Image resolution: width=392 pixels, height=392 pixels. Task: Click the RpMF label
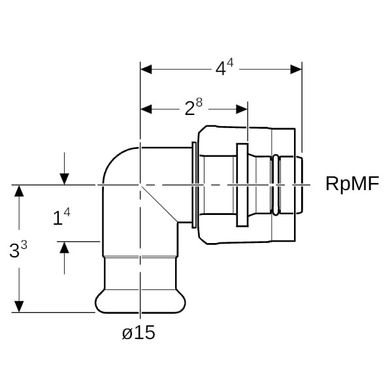pos(352,184)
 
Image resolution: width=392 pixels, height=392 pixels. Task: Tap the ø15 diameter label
pos(139,333)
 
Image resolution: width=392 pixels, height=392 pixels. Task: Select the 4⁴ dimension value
pos(225,67)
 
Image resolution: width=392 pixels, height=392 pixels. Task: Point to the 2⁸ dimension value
pos(194,108)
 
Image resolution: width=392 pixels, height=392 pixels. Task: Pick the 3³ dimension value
pos(18,250)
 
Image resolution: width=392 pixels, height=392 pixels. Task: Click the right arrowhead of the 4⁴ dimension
pos(296,69)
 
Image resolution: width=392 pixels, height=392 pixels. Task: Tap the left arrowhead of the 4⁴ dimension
pos(146,69)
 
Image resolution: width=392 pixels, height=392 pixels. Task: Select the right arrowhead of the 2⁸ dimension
pos(242,108)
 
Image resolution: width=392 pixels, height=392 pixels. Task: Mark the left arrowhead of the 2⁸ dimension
pos(146,108)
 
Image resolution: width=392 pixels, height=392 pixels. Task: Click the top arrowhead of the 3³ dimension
pos(20,191)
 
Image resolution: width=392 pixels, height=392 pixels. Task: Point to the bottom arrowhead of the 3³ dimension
pos(20,306)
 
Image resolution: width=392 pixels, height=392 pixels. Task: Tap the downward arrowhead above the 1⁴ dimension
pos(64,178)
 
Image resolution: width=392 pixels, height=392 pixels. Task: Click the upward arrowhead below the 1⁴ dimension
pos(64,247)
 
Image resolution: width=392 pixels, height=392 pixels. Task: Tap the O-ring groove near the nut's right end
pos(277,185)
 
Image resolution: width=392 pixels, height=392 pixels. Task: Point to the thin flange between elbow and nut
pos(195,185)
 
